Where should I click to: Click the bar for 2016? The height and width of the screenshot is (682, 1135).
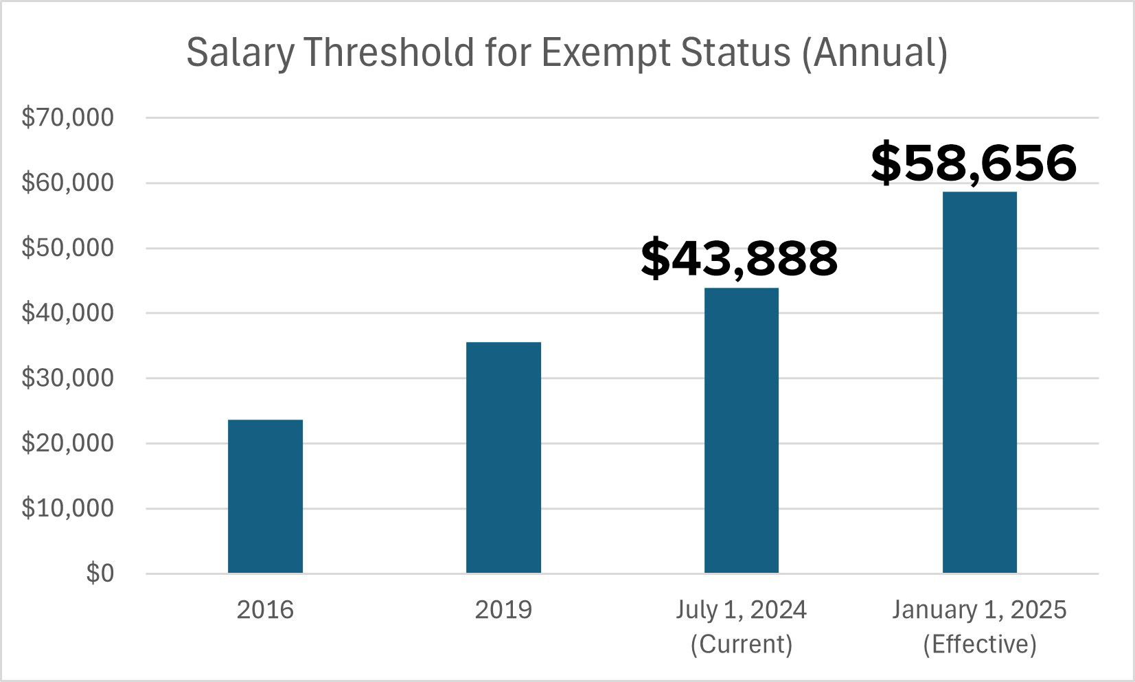[265, 496]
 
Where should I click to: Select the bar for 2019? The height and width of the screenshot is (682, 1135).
[503, 457]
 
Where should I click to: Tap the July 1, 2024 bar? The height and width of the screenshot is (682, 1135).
[742, 430]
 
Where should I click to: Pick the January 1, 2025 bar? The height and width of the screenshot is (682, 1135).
[980, 382]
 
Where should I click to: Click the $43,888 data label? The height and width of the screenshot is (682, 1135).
[740, 259]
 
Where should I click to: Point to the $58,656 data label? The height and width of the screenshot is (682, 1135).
[974, 163]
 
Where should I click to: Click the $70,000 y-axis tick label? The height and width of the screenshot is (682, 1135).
[67, 117]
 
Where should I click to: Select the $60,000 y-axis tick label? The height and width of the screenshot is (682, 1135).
[67, 183]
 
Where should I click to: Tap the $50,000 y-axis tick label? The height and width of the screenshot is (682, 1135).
[67, 248]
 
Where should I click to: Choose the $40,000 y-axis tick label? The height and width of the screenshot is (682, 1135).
[67, 313]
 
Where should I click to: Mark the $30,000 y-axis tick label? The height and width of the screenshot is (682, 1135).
[67, 378]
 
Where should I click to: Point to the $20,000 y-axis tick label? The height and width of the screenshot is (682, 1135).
[67, 444]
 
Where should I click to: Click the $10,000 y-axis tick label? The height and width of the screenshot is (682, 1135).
[67, 509]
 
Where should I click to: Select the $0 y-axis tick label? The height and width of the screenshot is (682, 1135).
[100, 573]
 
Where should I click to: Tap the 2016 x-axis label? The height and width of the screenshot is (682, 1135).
[265, 610]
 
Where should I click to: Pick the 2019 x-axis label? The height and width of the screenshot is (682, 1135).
[503, 610]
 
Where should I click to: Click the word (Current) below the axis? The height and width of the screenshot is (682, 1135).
[742, 644]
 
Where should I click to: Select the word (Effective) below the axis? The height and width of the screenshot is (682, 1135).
[980, 644]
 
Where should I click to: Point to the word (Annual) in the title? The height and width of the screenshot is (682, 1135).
[875, 54]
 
